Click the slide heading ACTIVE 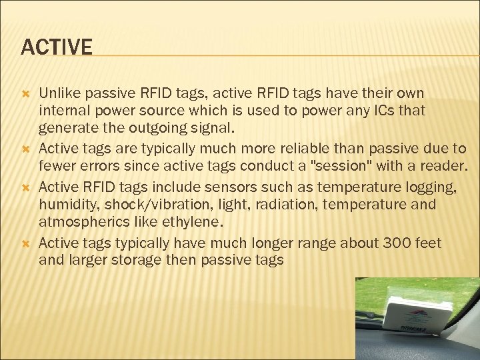pyautogui.click(x=57, y=47)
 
